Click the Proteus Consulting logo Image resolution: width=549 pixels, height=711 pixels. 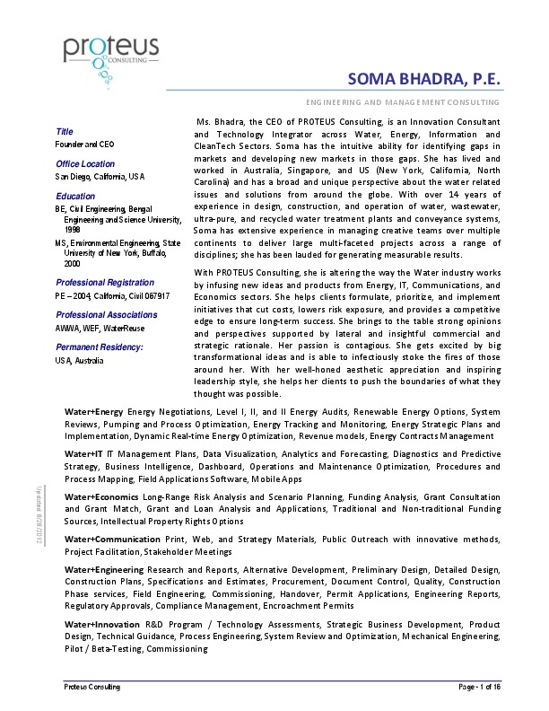(111, 57)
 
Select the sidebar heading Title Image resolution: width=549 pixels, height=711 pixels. (64, 132)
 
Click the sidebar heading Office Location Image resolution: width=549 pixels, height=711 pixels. (85, 164)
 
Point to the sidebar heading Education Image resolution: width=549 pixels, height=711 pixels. (75, 196)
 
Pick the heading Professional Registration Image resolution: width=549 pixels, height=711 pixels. (100, 282)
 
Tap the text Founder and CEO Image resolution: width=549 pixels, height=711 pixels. (85, 144)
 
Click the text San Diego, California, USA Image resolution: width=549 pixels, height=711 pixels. (100, 177)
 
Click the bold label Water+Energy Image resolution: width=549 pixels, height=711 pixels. (94, 411)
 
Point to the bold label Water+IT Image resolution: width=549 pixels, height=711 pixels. (83, 455)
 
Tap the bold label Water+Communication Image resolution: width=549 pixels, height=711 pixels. (110, 540)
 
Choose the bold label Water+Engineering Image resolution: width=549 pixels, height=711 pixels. (103, 570)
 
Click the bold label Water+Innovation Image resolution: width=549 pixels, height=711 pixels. (102, 624)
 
